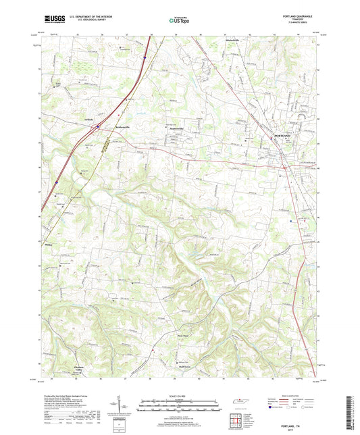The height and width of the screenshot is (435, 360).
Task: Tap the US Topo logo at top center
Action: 178,21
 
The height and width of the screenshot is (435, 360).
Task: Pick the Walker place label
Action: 49,237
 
